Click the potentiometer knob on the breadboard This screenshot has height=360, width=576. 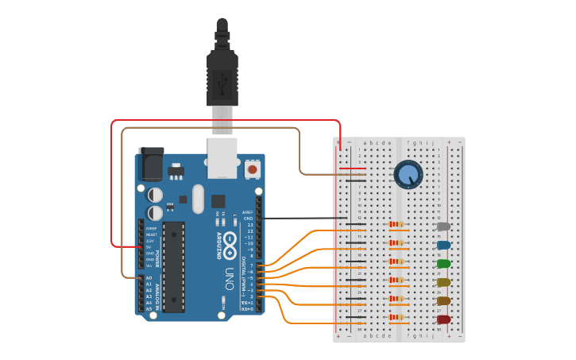pyautogui.click(x=408, y=175)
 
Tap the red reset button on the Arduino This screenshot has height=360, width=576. pyautogui.click(x=253, y=168)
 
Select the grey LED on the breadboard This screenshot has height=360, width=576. pyautogui.click(x=443, y=226)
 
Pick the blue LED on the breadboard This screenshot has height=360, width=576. pyautogui.click(x=443, y=246)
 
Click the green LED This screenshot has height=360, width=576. pyautogui.click(x=443, y=264)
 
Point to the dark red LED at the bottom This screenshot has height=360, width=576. pyautogui.click(x=443, y=319)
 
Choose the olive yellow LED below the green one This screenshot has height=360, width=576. pyautogui.click(x=443, y=282)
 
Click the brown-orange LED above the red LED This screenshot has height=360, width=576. pyautogui.click(x=443, y=301)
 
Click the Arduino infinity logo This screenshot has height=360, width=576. pyautogui.click(x=229, y=240)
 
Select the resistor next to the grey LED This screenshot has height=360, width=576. pyautogui.click(x=396, y=225)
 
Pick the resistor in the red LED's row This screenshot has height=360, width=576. pyautogui.click(x=396, y=318)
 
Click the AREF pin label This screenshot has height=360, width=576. pyautogui.click(x=249, y=212)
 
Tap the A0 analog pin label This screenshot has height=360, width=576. pyautogui.click(x=149, y=278)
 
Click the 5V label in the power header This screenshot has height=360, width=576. pyautogui.click(x=149, y=247)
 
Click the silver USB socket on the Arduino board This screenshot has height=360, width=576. pyautogui.click(x=222, y=157)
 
